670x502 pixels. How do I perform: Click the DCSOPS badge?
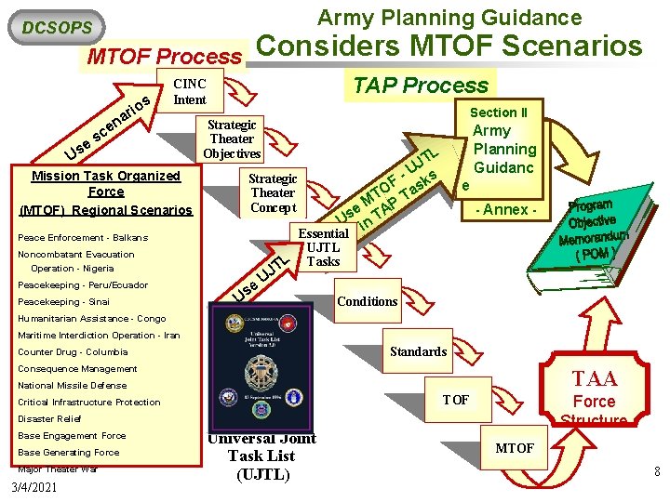point(56,28)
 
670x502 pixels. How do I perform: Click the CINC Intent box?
point(190,91)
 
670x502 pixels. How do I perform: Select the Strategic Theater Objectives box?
point(232,139)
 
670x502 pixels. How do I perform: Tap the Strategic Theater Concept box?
point(273,192)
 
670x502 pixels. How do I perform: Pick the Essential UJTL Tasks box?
point(323,246)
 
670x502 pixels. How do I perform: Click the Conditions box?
point(367,301)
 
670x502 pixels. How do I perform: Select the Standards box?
point(418,351)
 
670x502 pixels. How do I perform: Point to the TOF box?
point(455,400)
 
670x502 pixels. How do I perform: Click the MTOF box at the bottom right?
point(515,448)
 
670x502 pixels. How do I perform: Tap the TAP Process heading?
point(420,85)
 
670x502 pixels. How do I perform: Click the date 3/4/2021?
point(33,486)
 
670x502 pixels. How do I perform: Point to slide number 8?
point(657,472)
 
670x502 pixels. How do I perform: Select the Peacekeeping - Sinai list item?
point(63,302)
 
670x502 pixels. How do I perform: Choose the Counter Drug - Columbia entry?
point(73,352)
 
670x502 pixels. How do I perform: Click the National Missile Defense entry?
point(72,386)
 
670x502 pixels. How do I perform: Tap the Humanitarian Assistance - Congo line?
point(91,319)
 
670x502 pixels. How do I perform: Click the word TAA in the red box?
point(595,378)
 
